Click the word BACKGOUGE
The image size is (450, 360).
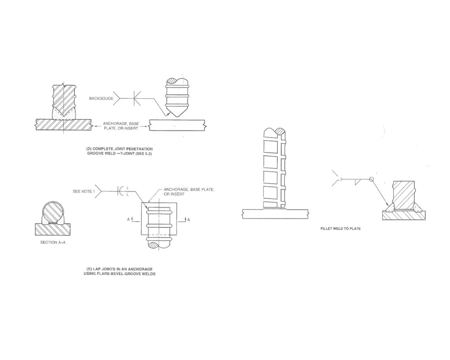(x=101, y=98)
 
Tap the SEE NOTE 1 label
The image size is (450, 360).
(x=84, y=191)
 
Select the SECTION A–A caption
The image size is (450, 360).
(x=53, y=243)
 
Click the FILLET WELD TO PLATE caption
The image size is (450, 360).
(x=340, y=229)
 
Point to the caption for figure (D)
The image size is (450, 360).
(x=120, y=151)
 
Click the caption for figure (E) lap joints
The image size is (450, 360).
(x=120, y=271)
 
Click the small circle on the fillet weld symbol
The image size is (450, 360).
(x=372, y=179)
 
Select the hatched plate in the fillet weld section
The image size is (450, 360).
(x=404, y=215)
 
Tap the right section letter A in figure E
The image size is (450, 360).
(x=188, y=219)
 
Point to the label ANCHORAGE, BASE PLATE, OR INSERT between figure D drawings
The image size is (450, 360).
(x=121, y=126)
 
